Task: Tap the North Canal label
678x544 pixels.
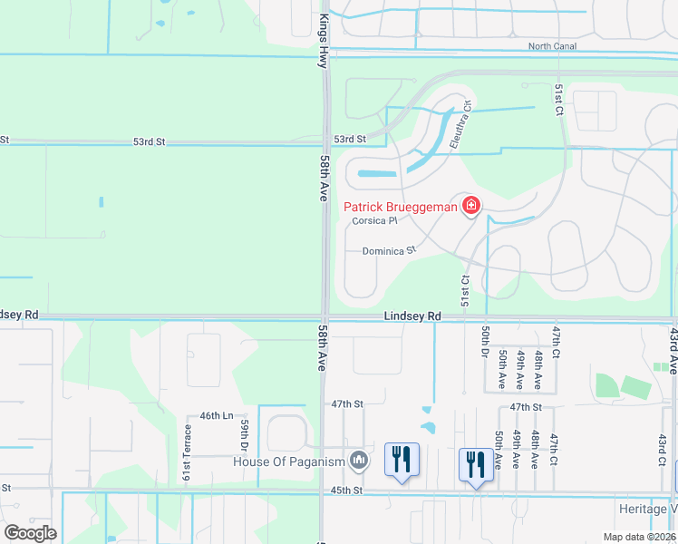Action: pos(553,46)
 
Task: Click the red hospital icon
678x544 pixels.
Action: pos(470,207)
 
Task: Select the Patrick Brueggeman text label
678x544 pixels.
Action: pos(400,207)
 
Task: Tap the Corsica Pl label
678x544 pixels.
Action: pos(375,220)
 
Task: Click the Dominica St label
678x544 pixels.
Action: pos(389,250)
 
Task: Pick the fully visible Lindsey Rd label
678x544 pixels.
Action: pos(412,316)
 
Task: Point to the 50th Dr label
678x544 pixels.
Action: pos(487,341)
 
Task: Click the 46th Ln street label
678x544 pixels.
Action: pos(217,415)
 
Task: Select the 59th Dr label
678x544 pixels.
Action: pos(245,435)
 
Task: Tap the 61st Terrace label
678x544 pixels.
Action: pos(187,452)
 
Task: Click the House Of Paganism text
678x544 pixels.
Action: pos(289,462)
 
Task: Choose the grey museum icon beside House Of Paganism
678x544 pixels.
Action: pos(360,461)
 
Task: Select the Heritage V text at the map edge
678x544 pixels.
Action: pos(647,510)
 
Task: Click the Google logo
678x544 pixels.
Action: pos(30,532)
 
